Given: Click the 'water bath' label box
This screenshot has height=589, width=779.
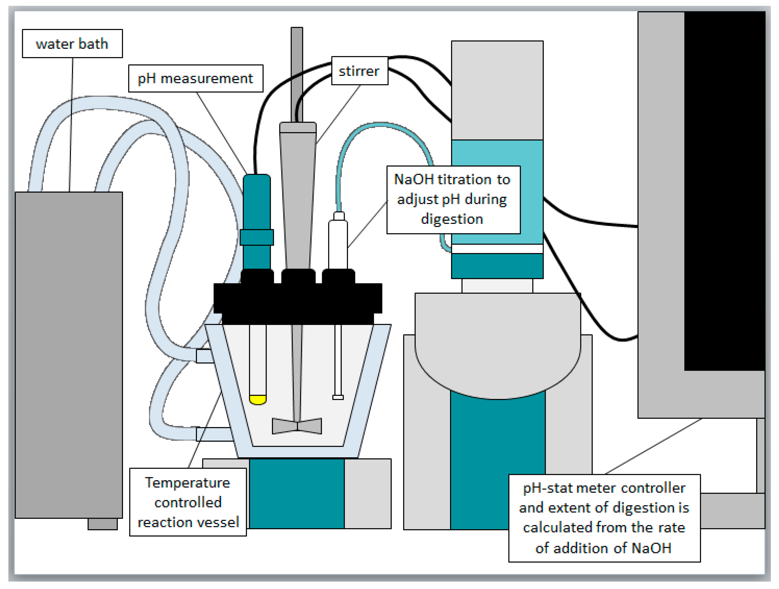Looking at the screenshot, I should (x=72, y=44).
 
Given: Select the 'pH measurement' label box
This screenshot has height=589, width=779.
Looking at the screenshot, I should (x=196, y=78).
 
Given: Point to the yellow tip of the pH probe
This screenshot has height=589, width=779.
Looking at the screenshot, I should (x=257, y=400).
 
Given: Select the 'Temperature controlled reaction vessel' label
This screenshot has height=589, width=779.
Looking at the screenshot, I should (x=188, y=502).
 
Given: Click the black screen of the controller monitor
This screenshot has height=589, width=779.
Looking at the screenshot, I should (x=724, y=190).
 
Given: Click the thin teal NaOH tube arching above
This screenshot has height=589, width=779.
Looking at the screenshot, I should (x=380, y=125).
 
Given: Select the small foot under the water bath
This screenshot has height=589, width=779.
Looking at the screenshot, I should (x=102, y=524).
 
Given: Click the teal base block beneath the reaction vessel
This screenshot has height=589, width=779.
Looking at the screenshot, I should (x=297, y=493).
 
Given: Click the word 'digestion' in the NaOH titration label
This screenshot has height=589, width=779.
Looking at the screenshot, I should (x=452, y=219).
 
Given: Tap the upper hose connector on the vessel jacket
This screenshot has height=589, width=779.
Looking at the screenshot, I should (x=203, y=356).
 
